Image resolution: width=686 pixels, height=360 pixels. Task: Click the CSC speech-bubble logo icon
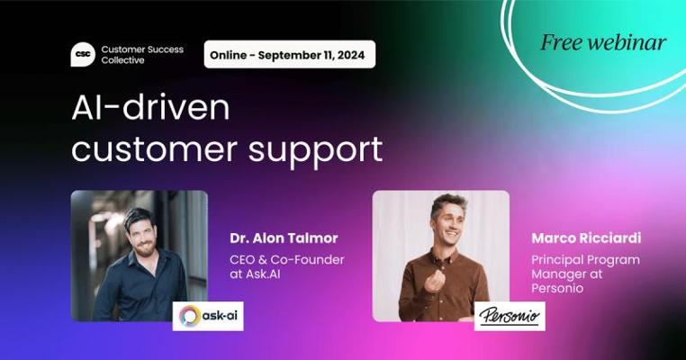pyautogui.click(x=83, y=55)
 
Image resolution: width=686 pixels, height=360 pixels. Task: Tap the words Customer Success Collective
pyautogui.click(x=142, y=55)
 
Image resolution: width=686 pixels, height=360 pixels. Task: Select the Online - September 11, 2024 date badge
pyautogui.click(x=290, y=55)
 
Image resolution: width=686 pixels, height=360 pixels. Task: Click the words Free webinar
pyautogui.click(x=603, y=42)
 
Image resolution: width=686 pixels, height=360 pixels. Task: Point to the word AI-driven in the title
pyautogui.click(x=150, y=108)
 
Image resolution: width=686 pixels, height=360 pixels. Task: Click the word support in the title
pyautogui.click(x=315, y=151)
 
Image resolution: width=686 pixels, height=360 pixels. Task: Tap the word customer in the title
pyautogui.click(x=154, y=149)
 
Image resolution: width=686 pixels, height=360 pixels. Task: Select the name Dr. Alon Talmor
pyautogui.click(x=284, y=238)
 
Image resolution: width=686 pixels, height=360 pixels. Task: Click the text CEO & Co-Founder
pyautogui.click(x=287, y=260)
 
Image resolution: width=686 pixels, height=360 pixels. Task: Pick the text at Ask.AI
pyautogui.click(x=255, y=274)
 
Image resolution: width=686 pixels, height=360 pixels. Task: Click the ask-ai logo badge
pyautogui.click(x=208, y=316)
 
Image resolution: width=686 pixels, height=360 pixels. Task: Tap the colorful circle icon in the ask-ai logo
pyautogui.click(x=190, y=316)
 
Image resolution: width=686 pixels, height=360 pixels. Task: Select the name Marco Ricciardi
pyautogui.click(x=586, y=238)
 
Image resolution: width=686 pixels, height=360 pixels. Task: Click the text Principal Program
pyautogui.click(x=585, y=261)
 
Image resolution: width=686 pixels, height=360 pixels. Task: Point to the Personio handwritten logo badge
pyautogui.click(x=510, y=316)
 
